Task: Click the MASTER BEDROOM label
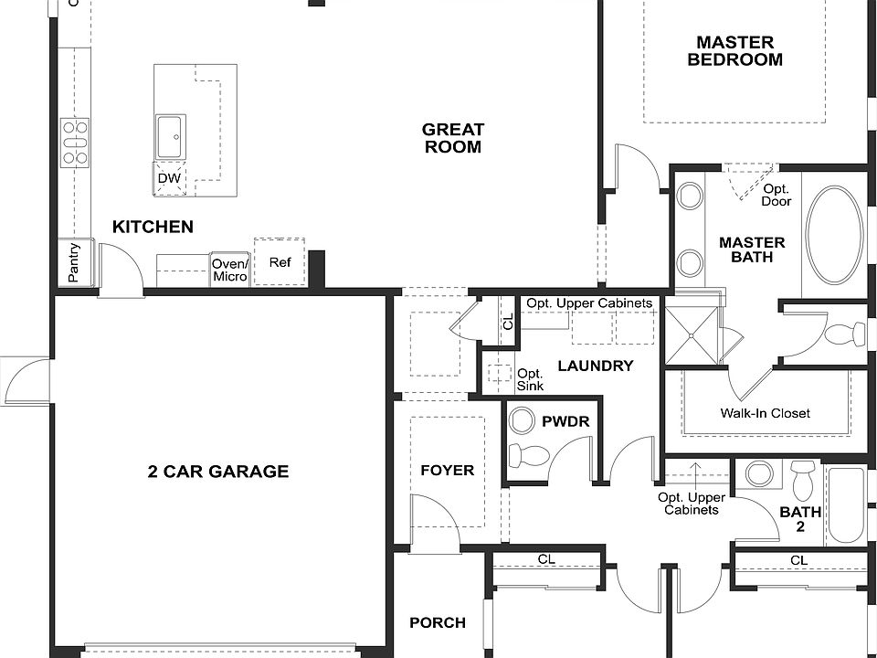pyautogui.click(x=734, y=51)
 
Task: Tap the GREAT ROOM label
pyautogui.click(x=452, y=138)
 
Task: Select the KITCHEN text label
pyautogui.click(x=153, y=227)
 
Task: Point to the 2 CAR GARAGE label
pyautogui.click(x=218, y=472)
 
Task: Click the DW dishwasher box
pyautogui.click(x=169, y=178)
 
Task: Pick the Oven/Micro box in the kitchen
pyautogui.click(x=229, y=270)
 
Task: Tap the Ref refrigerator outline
pyautogui.click(x=280, y=262)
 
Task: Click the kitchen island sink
pyautogui.click(x=171, y=137)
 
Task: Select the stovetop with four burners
pyautogui.click(x=75, y=143)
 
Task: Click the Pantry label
pyautogui.click(x=74, y=262)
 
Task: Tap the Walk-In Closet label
pyautogui.click(x=765, y=413)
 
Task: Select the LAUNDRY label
pyautogui.click(x=595, y=366)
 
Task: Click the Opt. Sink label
pyautogui.click(x=530, y=379)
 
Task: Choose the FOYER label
pyautogui.click(x=447, y=471)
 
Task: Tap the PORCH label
pyautogui.click(x=437, y=623)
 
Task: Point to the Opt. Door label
pyautogui.click(x=777, y=195)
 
